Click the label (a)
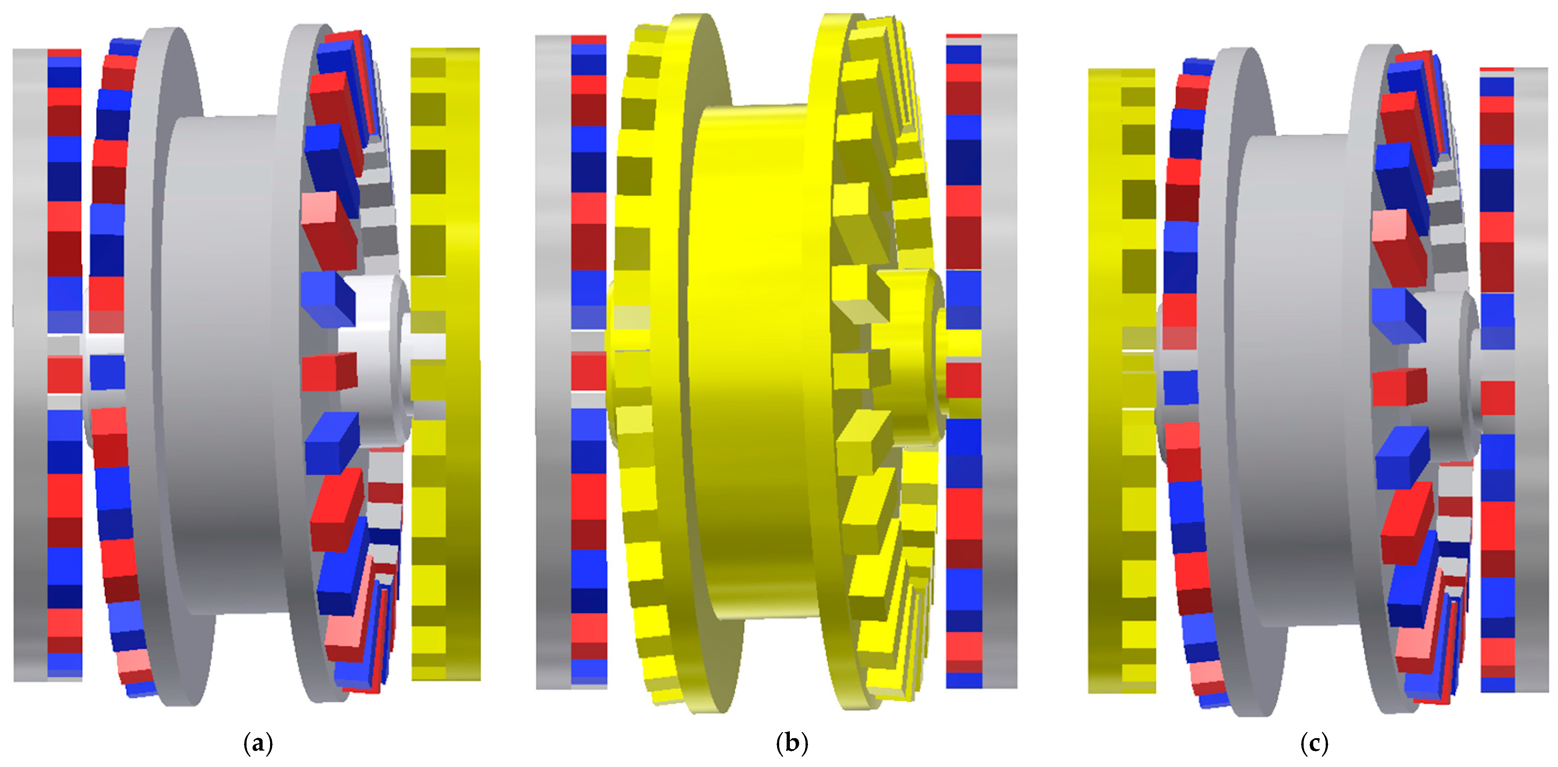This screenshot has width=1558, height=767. [x=258, y=743]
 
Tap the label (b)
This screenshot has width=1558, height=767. [x=792, y=743]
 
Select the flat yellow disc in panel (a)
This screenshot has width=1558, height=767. [x=446, y=364]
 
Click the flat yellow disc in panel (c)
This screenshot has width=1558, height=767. [x=1122, y=381]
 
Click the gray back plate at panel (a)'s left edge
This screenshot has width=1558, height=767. [x=30, y=365]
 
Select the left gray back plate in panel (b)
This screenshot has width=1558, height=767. [x=553, y=362]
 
